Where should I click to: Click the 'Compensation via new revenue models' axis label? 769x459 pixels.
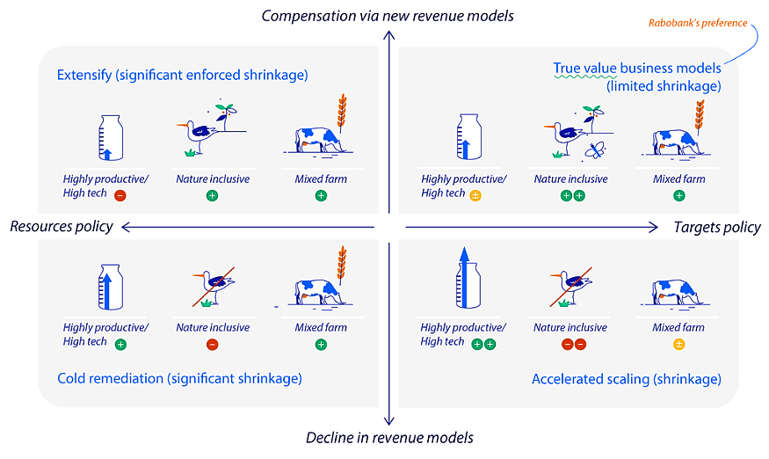(x=388, y=16)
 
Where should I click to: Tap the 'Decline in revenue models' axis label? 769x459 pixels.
(x=388, y=438)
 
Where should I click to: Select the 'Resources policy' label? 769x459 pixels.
(x=62, y=227)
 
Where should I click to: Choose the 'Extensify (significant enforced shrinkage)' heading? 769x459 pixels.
(x=183, y=76)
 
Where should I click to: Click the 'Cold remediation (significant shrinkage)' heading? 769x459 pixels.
(x=179, y=379)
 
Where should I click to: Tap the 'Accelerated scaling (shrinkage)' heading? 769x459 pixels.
(x=627, y=380)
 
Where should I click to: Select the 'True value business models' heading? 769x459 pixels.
(x=637, y=68)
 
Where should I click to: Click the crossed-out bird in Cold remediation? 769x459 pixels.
(x=214, y=288)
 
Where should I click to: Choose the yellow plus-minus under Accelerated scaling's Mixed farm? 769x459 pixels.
(x=678, y=344)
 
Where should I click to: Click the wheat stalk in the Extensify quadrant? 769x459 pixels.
(x=341, y=112)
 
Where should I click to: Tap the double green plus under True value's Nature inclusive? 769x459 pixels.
(x=572, y=195)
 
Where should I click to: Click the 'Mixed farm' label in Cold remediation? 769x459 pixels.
(x=321, y=328)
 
